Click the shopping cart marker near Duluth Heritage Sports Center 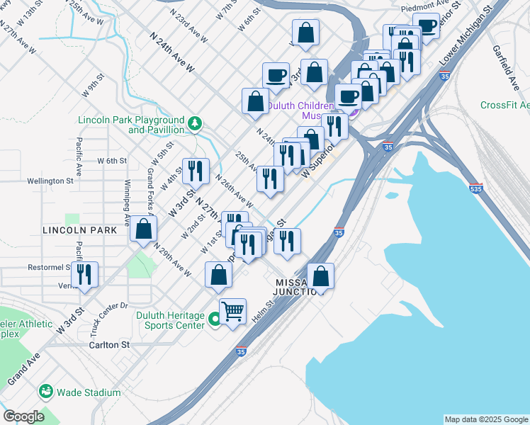(x=232, y=311)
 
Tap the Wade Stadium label (x=89, y=392)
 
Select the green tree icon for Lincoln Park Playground (x=194, y=125)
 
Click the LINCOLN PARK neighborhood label (x=79, y=231)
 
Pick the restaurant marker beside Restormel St (x=85, y=276)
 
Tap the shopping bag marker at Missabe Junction (x=320, y=276)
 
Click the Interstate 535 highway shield (x=475, y=189)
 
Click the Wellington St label (x=50, y=181)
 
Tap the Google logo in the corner (x=23, y=416)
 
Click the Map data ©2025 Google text (x=485, y=419)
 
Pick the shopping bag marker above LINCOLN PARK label (x=143, y=229)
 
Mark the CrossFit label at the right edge (x=504, y=106)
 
